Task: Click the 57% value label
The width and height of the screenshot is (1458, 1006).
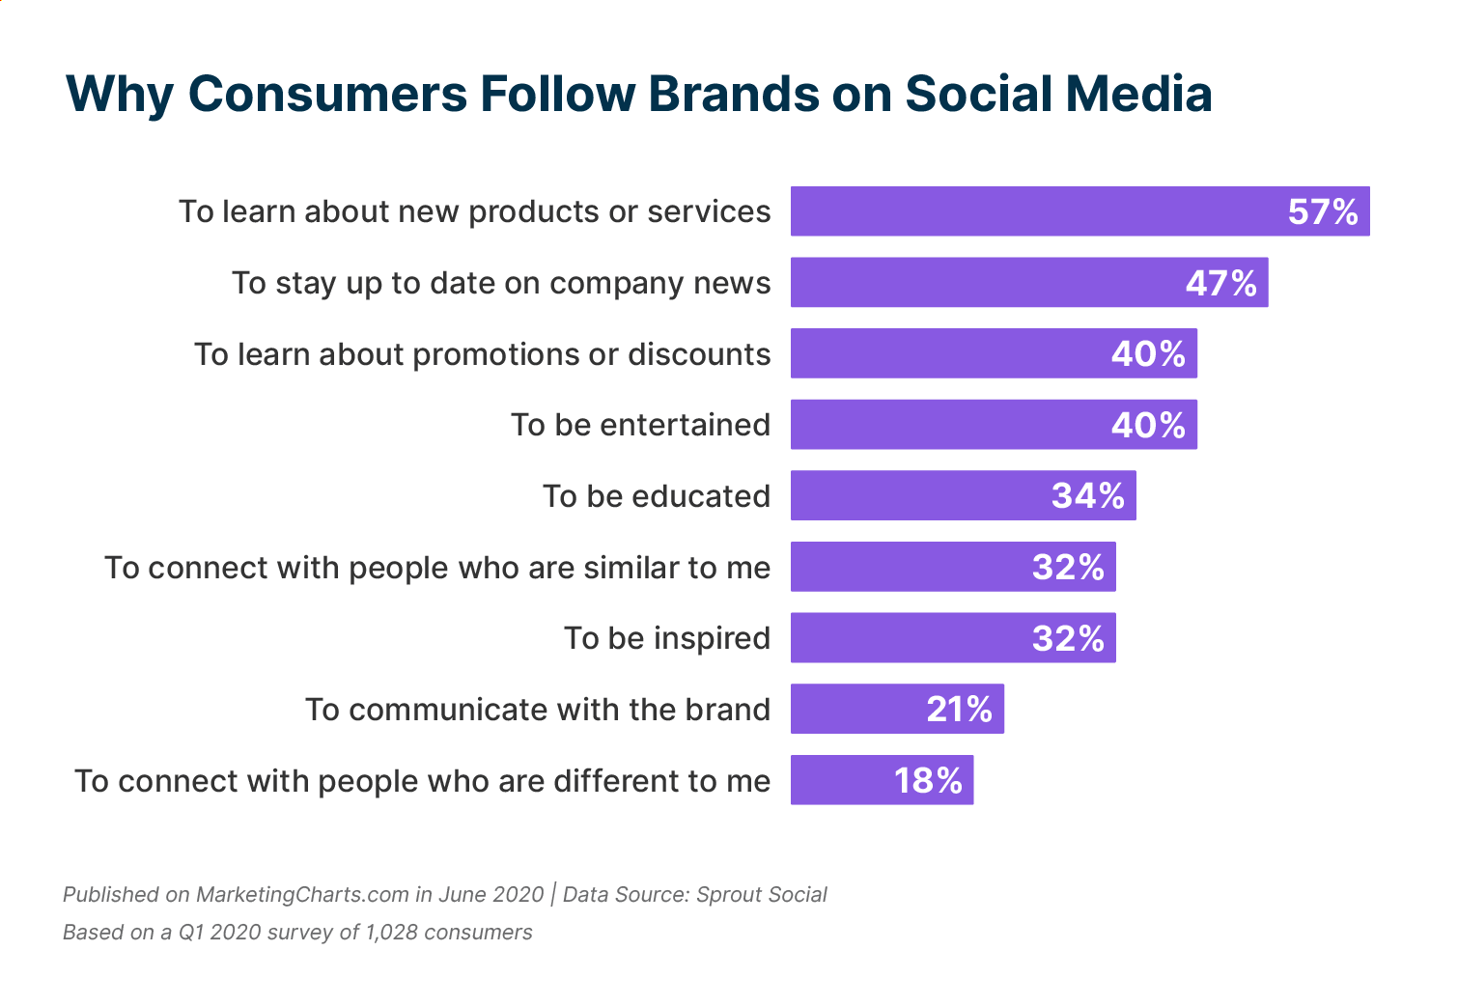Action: (x=1323, y=211)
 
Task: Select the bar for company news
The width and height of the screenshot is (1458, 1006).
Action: (x=1028, y=283)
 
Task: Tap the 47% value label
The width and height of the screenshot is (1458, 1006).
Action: (x=1220, y=283)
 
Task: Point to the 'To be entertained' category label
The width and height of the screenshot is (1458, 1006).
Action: (x=640, y=425)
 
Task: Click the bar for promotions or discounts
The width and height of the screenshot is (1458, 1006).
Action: (x=994, y=353)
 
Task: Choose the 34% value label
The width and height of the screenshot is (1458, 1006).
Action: (x=1087, y=495)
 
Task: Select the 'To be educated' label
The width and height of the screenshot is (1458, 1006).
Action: (x=656, y=496)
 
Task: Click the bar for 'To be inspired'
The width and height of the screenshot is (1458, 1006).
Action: (x=952, y=638)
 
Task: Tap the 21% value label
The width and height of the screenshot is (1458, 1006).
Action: (x=959, y=710)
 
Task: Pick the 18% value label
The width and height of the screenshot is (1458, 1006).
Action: (x=928, y=780)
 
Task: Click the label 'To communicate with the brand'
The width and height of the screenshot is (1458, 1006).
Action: (x=538, y=710)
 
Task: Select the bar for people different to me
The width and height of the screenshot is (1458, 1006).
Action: (x=882, y=780)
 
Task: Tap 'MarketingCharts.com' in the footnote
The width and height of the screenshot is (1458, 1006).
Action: (x=302, y=894)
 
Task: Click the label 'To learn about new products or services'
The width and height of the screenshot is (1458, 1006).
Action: (x=475, y=211)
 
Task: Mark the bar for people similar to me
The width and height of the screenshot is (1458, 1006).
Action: (x=952, y=567)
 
